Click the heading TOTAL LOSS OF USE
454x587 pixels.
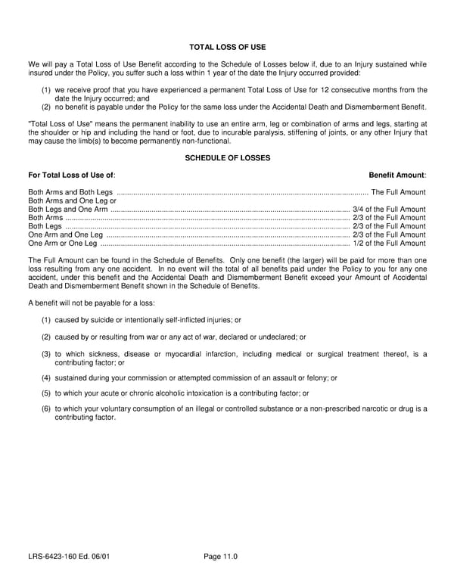(x=227, y=47)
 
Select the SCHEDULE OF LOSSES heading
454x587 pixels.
(x=227, y=157)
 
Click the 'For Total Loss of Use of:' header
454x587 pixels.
(x=72, y=175)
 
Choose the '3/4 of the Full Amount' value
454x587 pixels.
(x=389, y=210)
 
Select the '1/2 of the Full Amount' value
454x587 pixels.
(x=389, y=244)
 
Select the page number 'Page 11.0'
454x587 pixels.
(x=221, y=557)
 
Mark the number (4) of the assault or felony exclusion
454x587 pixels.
(x=46, y=377)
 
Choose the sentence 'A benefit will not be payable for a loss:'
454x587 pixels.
(x=92, y=303)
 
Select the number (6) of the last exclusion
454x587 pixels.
(x=46, y=408)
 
